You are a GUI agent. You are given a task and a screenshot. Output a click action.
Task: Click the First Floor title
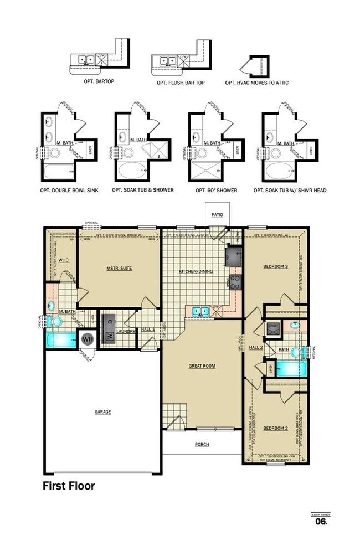tap(69, 486)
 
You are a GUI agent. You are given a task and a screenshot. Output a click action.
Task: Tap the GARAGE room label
tap(102, 411)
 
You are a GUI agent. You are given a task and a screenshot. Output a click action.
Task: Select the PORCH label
tap(202, 444)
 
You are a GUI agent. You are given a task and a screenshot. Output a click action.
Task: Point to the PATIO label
tap(217, 214)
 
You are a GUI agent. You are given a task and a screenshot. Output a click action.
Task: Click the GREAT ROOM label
tap(202, 366)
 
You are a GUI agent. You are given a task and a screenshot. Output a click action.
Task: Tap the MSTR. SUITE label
tap(119, 269)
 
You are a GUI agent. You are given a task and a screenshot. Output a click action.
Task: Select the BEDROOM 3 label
tap(275, 267)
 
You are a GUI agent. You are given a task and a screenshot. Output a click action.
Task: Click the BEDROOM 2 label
tap(275, 428)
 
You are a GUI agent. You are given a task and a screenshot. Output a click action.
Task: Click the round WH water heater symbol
tap(88, 338)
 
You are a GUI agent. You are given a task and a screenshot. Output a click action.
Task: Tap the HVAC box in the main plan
tap(272, 327)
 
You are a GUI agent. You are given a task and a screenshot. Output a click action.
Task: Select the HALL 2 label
tap(255, 347)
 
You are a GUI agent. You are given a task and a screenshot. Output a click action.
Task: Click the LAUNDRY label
tap(126, 332)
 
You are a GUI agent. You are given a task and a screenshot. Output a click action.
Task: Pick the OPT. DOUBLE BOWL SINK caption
tap(69, 190)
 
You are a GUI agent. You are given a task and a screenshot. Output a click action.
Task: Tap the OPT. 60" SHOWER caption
tap(216, 190)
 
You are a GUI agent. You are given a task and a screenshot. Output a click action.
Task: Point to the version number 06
tap(321, 521)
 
